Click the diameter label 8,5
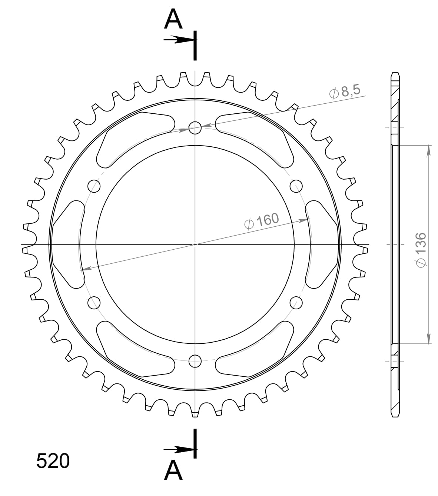point(345,92)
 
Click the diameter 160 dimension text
point(262,221)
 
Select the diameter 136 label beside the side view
point(422,249)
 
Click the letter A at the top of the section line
point(173,19)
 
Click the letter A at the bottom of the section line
point(173,471)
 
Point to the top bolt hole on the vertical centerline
point(195,128)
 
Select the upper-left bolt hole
point(94,186)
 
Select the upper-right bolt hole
point(296,186)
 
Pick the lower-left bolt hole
point(94,303)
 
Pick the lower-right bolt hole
point(296,303)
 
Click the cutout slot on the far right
point(321,244)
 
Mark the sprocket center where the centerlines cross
point(195,244)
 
